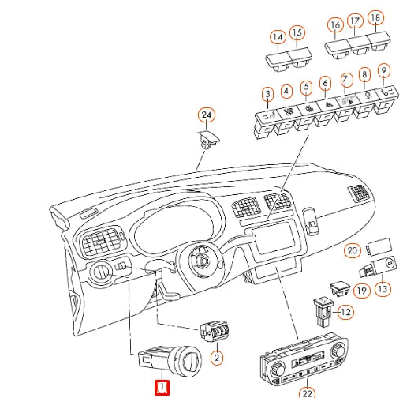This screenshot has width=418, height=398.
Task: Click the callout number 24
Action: pyautogui.click(x=207, y=115)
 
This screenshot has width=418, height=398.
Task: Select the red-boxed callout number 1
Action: pyautogui.click(x=162, y=388)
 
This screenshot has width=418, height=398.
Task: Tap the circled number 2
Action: pyautogui.click(x=217, y=358)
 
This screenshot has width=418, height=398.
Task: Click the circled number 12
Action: pyautogui.click(x=345, y=312)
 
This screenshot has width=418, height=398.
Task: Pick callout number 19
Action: pyautogui.click(x=361, y=291)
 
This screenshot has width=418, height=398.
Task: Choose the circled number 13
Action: pyautogui.click(x=383, y=289)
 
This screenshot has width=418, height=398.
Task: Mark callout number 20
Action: pyautogui.click(x=353, y=250)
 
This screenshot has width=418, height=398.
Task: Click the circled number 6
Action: pyautogui.click(x=325, y=83)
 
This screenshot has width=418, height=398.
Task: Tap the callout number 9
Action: pyautogui.click(x=384, y=71)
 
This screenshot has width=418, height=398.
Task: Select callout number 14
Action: pyautogui.click(x=278, y=37)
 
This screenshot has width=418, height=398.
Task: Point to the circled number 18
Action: pyautogui.click(x=376, y=17)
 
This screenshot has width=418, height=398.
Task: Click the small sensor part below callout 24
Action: pyautogui.click(x=209, y=139)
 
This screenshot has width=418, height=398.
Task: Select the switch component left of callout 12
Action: pyautogui.click(x=323, y=312)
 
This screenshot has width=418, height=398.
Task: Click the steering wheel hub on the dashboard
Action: pyautogui.click(x=201, y=260)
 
